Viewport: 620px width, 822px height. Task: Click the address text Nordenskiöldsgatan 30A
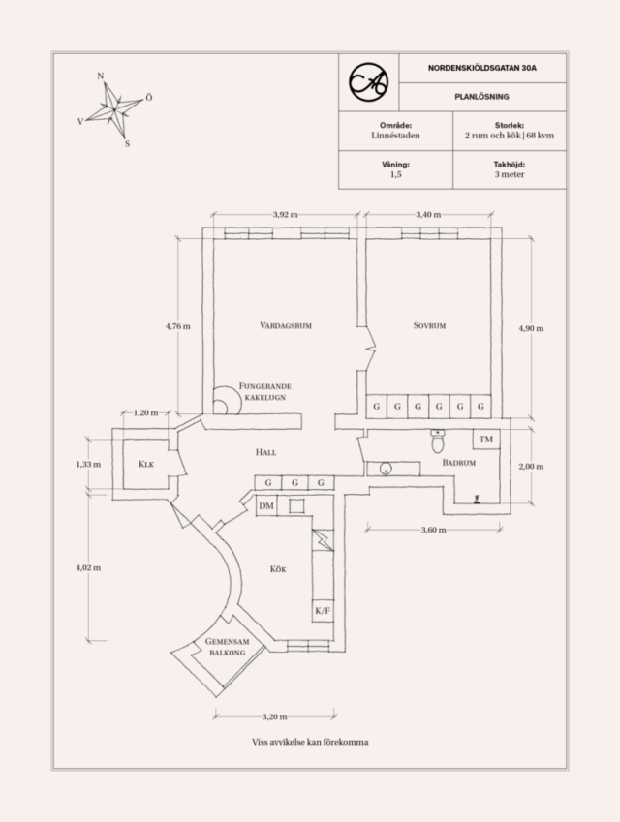pos(481,69)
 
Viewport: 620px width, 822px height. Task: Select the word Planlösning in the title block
pos(481,97)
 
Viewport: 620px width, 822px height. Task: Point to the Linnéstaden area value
pos(395,137)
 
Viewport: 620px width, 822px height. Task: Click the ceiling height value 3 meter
pos(509,176)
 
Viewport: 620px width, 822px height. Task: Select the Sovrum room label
pos(429,325)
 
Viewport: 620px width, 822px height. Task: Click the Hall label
pos(266,452)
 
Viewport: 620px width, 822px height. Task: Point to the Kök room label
pos(278,569)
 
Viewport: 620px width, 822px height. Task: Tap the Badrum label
pos(459,464)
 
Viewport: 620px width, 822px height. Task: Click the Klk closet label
pos(146,465)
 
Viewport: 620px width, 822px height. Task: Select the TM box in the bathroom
pos(485,440)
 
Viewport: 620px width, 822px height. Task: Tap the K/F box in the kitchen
pos(323,611)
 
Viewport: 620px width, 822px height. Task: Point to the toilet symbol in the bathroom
pos(437,441)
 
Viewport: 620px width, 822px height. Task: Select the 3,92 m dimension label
pos(285,214)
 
